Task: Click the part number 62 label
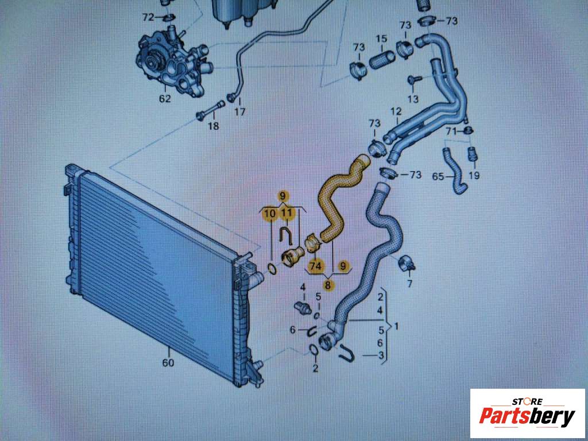click(165, 99)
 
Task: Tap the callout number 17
click(239, 111)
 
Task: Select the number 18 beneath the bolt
click(214, 126)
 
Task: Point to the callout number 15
click(381, 38)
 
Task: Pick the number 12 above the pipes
click(396, 111)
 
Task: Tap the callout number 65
click(438, 176)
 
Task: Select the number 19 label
click(474, 176)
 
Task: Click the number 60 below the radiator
click(168, 363)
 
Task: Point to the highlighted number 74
click(315, 266)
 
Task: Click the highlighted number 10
click(270, 214)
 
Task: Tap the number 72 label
click(148, 17)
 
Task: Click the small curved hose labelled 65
click(455, 171)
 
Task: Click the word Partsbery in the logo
click(527, 417)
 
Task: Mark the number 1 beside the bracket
click(396, 327)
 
